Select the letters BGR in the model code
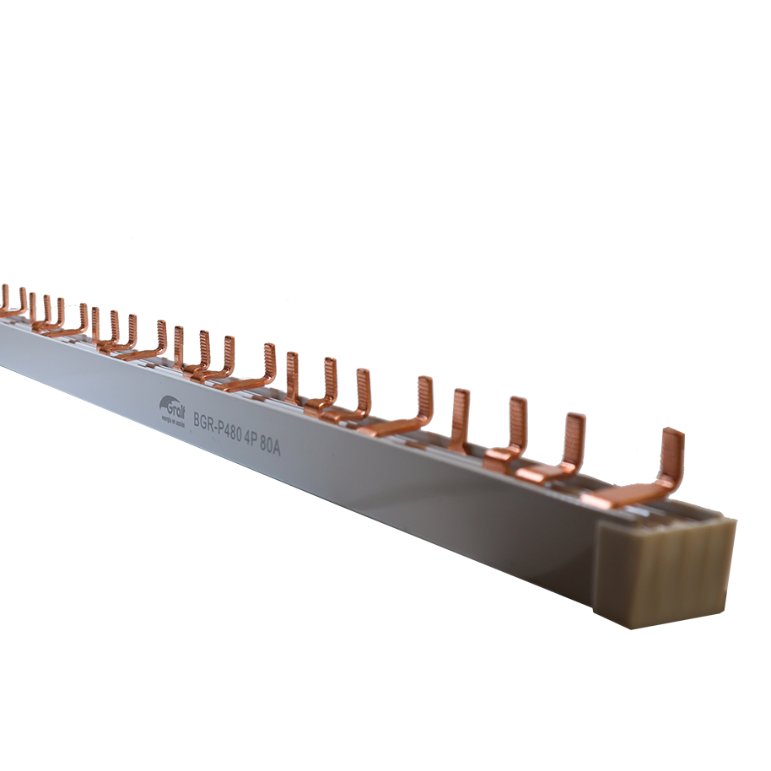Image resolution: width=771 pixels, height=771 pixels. click(x=205, y=419)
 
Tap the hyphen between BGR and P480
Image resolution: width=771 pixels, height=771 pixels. click(x=218, y=423)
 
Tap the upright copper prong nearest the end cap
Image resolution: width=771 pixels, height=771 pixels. click(x=671, y=456)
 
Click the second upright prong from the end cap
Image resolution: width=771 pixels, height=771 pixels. click(x=574, y=439)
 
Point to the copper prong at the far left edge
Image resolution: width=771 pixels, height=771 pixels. click(x=4, y=297)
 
